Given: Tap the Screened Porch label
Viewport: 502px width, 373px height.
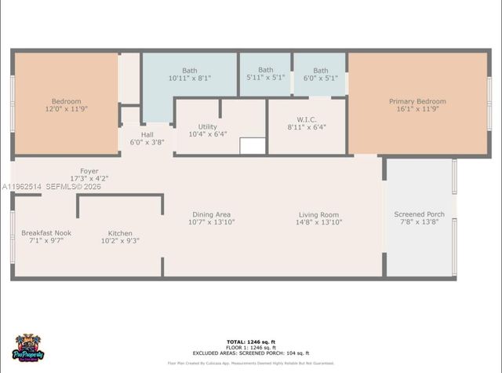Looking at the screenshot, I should [420, 214].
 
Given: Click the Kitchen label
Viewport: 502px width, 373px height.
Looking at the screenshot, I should [120, 233].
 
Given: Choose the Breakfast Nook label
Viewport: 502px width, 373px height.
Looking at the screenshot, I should [46, 233].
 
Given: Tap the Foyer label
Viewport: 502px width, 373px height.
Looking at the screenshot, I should [89, 171].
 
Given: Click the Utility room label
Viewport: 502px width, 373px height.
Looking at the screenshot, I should [208, 126].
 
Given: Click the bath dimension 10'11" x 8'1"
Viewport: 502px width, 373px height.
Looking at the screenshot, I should [190, 79].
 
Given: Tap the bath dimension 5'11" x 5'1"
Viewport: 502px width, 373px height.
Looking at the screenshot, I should [266, 79].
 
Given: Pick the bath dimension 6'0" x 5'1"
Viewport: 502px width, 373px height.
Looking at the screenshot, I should [321, 79].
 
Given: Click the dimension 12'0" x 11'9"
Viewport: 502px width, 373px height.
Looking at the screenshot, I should [67, 110].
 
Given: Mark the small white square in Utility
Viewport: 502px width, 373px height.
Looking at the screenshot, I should [253, 146].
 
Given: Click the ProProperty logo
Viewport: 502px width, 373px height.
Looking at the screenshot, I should [29, 348].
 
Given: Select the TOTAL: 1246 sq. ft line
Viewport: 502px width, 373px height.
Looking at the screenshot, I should [251, 342].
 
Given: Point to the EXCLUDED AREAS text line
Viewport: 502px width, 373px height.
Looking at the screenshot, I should [251, 353].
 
